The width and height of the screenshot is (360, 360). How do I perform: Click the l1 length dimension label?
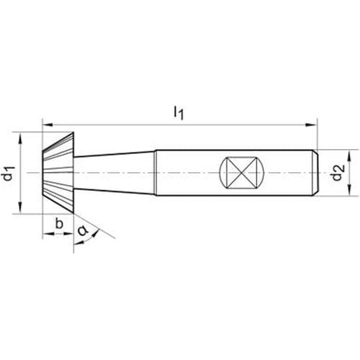tap(179, 113)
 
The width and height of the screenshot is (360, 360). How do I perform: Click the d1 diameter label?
tap(9, 174)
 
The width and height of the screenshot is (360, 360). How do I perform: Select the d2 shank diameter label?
tap(338, 173)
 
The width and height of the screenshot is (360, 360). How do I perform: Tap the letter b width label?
tap(59, 223)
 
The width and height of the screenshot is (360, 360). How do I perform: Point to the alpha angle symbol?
tap(83, 230)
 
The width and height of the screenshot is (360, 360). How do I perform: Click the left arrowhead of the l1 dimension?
tap(48, 125)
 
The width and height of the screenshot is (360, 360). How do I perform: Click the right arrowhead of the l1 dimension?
tap(312, 125)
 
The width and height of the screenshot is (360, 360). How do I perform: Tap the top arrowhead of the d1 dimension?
tap(20, 138)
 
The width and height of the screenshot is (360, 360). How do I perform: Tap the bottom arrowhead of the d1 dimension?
tap(20, 207)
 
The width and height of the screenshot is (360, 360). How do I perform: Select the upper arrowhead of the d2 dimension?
tap(349, 156)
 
